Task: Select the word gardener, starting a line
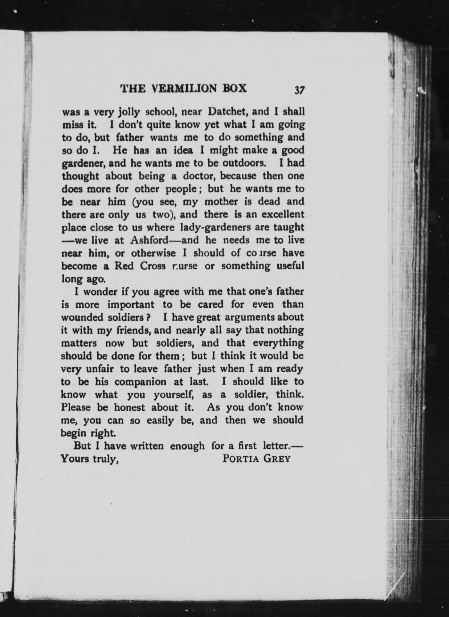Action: pyautogui.click(x=84, y=164)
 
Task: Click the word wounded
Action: pyautogui.click(x=83, y=318)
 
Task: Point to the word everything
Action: pyautogui.click(x=278, y=343)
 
